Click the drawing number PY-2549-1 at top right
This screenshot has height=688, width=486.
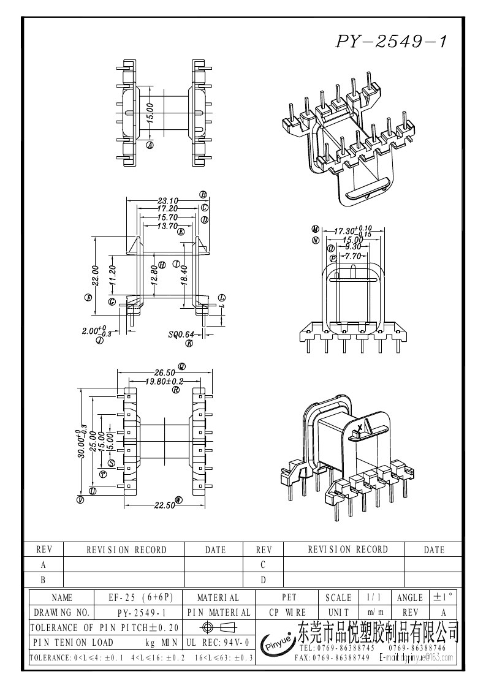(391, 42)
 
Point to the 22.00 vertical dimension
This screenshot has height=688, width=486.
(96, 274)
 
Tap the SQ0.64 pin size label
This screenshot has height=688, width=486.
(181, 335)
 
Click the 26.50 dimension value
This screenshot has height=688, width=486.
(165, 372)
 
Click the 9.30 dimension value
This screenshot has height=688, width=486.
(352, 248)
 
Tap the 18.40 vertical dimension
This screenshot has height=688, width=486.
(184, 274)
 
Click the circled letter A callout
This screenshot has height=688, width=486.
(150, 145)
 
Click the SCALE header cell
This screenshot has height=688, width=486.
(338, 597)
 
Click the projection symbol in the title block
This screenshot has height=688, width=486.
(217, 627)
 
